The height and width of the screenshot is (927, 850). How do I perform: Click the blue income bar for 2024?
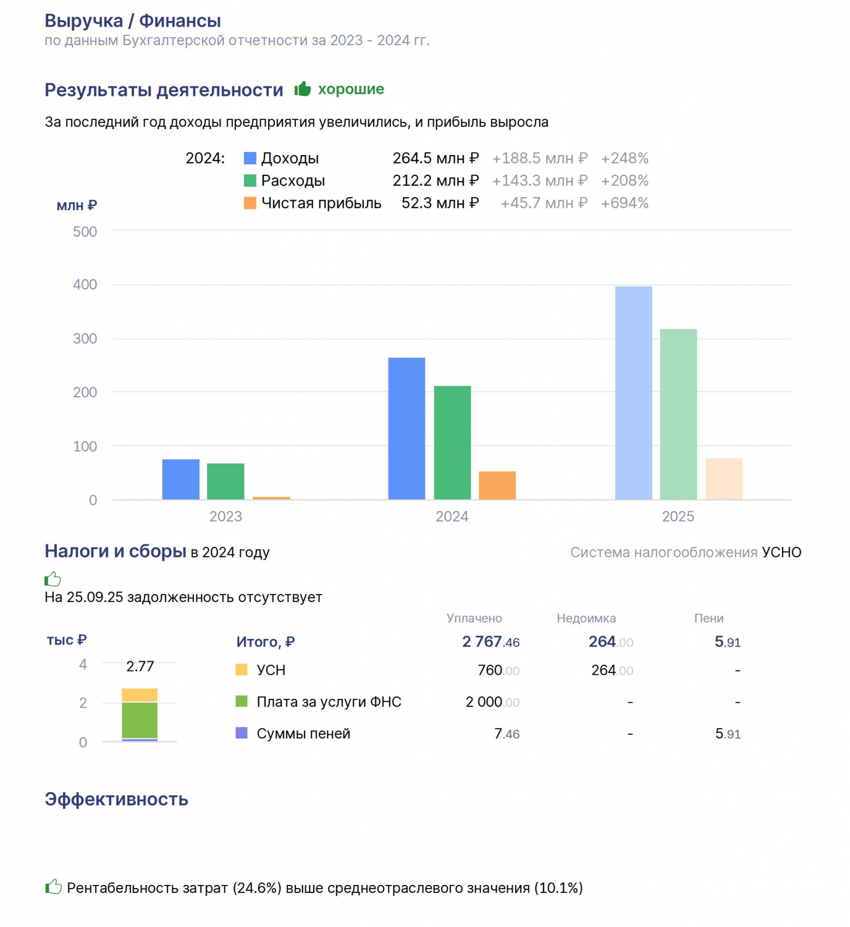click(x=406, y=428)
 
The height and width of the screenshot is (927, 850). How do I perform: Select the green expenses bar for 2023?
click(x=225, y=481)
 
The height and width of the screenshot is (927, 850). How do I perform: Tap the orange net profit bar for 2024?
click(x=497, y=485)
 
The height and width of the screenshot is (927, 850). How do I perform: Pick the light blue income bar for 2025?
click(x=634, y=393)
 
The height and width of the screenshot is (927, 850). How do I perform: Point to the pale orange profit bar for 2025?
click(x=724, y=479)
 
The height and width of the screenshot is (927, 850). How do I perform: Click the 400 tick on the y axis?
click(x=85, y=284)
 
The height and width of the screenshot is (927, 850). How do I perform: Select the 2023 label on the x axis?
click(x=225, y=516)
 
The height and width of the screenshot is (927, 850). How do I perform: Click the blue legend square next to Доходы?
click(x=250, y=158)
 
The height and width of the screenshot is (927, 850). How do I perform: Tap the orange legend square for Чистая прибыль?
click(x=250, y=203)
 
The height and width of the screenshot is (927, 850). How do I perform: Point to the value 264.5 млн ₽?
click(x=436, y=158)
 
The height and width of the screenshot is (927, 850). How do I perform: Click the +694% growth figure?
click(x=625, y=203)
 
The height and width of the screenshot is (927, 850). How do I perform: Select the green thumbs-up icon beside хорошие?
click(x=303, y=88)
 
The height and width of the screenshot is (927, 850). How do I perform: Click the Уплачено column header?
click(x=474, y=618)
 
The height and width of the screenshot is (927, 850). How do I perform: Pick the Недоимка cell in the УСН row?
click(x=612, y=670)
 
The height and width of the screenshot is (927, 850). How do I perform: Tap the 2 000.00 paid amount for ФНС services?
click(x=492, y=702)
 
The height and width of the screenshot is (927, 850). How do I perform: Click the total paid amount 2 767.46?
click(x=490, y=641)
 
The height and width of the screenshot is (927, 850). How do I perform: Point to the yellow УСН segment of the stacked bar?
click(x=140, y=695)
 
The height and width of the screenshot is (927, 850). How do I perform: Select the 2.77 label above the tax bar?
click(x=140, y=666)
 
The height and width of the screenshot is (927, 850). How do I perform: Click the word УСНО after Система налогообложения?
click(x=781, y=552)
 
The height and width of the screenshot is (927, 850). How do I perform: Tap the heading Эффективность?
click(x=116, y=800)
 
